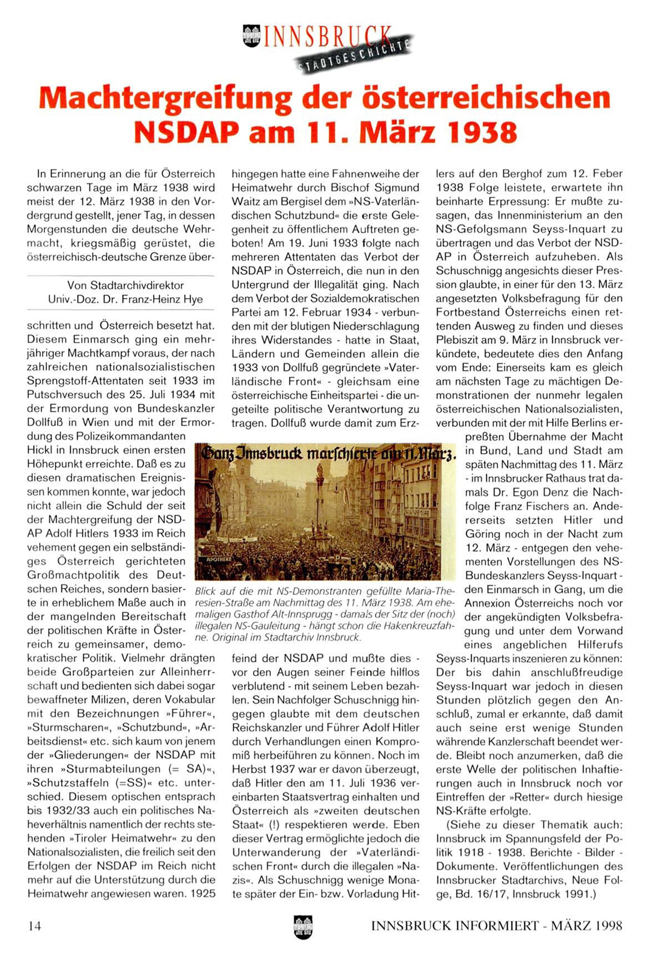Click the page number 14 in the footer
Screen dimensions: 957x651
pyautogui.click(x=34, y=926)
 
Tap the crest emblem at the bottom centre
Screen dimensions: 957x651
pyautogui.click(x=303, y=926)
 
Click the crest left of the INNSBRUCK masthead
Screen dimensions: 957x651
pyautogui.click(x=251, y=36)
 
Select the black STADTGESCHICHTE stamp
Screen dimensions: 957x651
pyautogui.click(x=356, y=56)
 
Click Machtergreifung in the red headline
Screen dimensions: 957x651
pyautogui.click(x=165, y=99)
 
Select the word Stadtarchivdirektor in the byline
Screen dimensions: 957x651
pyautogui.click(x=125, y=285)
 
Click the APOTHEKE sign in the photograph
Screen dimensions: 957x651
pyautogui.click(x=219, y=559)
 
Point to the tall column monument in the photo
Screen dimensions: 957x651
pyautogui.click(x=321, y=500)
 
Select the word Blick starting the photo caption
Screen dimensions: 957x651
pyautogui.click(x=206, y=592)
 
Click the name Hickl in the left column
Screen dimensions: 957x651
pyautogui.click(x=39, y=450)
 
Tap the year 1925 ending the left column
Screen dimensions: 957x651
pyautogui.click(x=203, y=894)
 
